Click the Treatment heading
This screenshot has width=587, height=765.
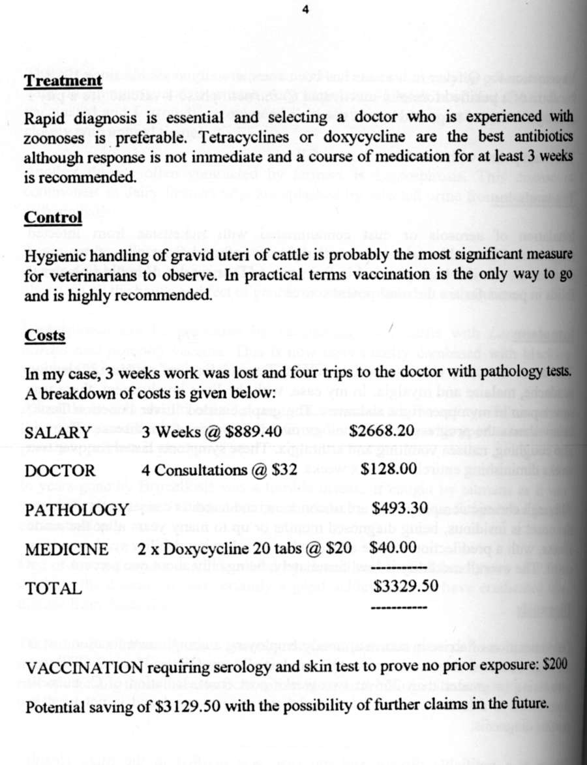click(x=63, y=81)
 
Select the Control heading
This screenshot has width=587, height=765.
click(x=53, y=217)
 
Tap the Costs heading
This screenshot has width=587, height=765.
click(x=44, y=335)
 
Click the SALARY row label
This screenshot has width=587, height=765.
click(x=57, y=433)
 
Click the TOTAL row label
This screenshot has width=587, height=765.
click(x=53, y=588)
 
